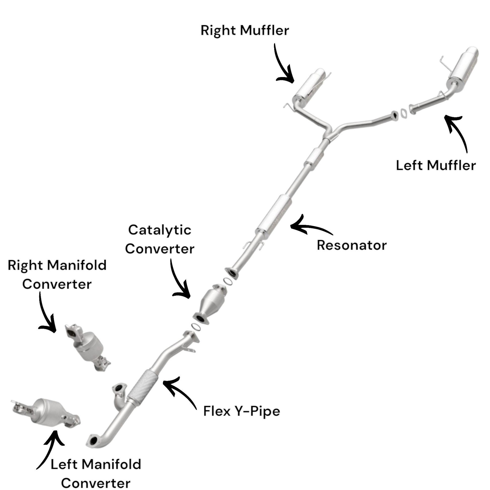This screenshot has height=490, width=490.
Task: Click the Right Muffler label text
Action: pyautogui.click(x=244, y=31)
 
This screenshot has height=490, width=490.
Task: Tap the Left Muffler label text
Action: pyautogui.click(x=435, y=166)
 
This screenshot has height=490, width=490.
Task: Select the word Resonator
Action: pyautogui.click(x=352, y=245)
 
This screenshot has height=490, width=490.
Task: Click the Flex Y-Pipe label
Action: pyautogui.click(x=241, y=411)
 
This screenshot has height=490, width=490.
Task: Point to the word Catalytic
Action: pyautogui.click(x=160, y=230)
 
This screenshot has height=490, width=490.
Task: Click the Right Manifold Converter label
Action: pyautogui.click(x=57, y=274)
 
